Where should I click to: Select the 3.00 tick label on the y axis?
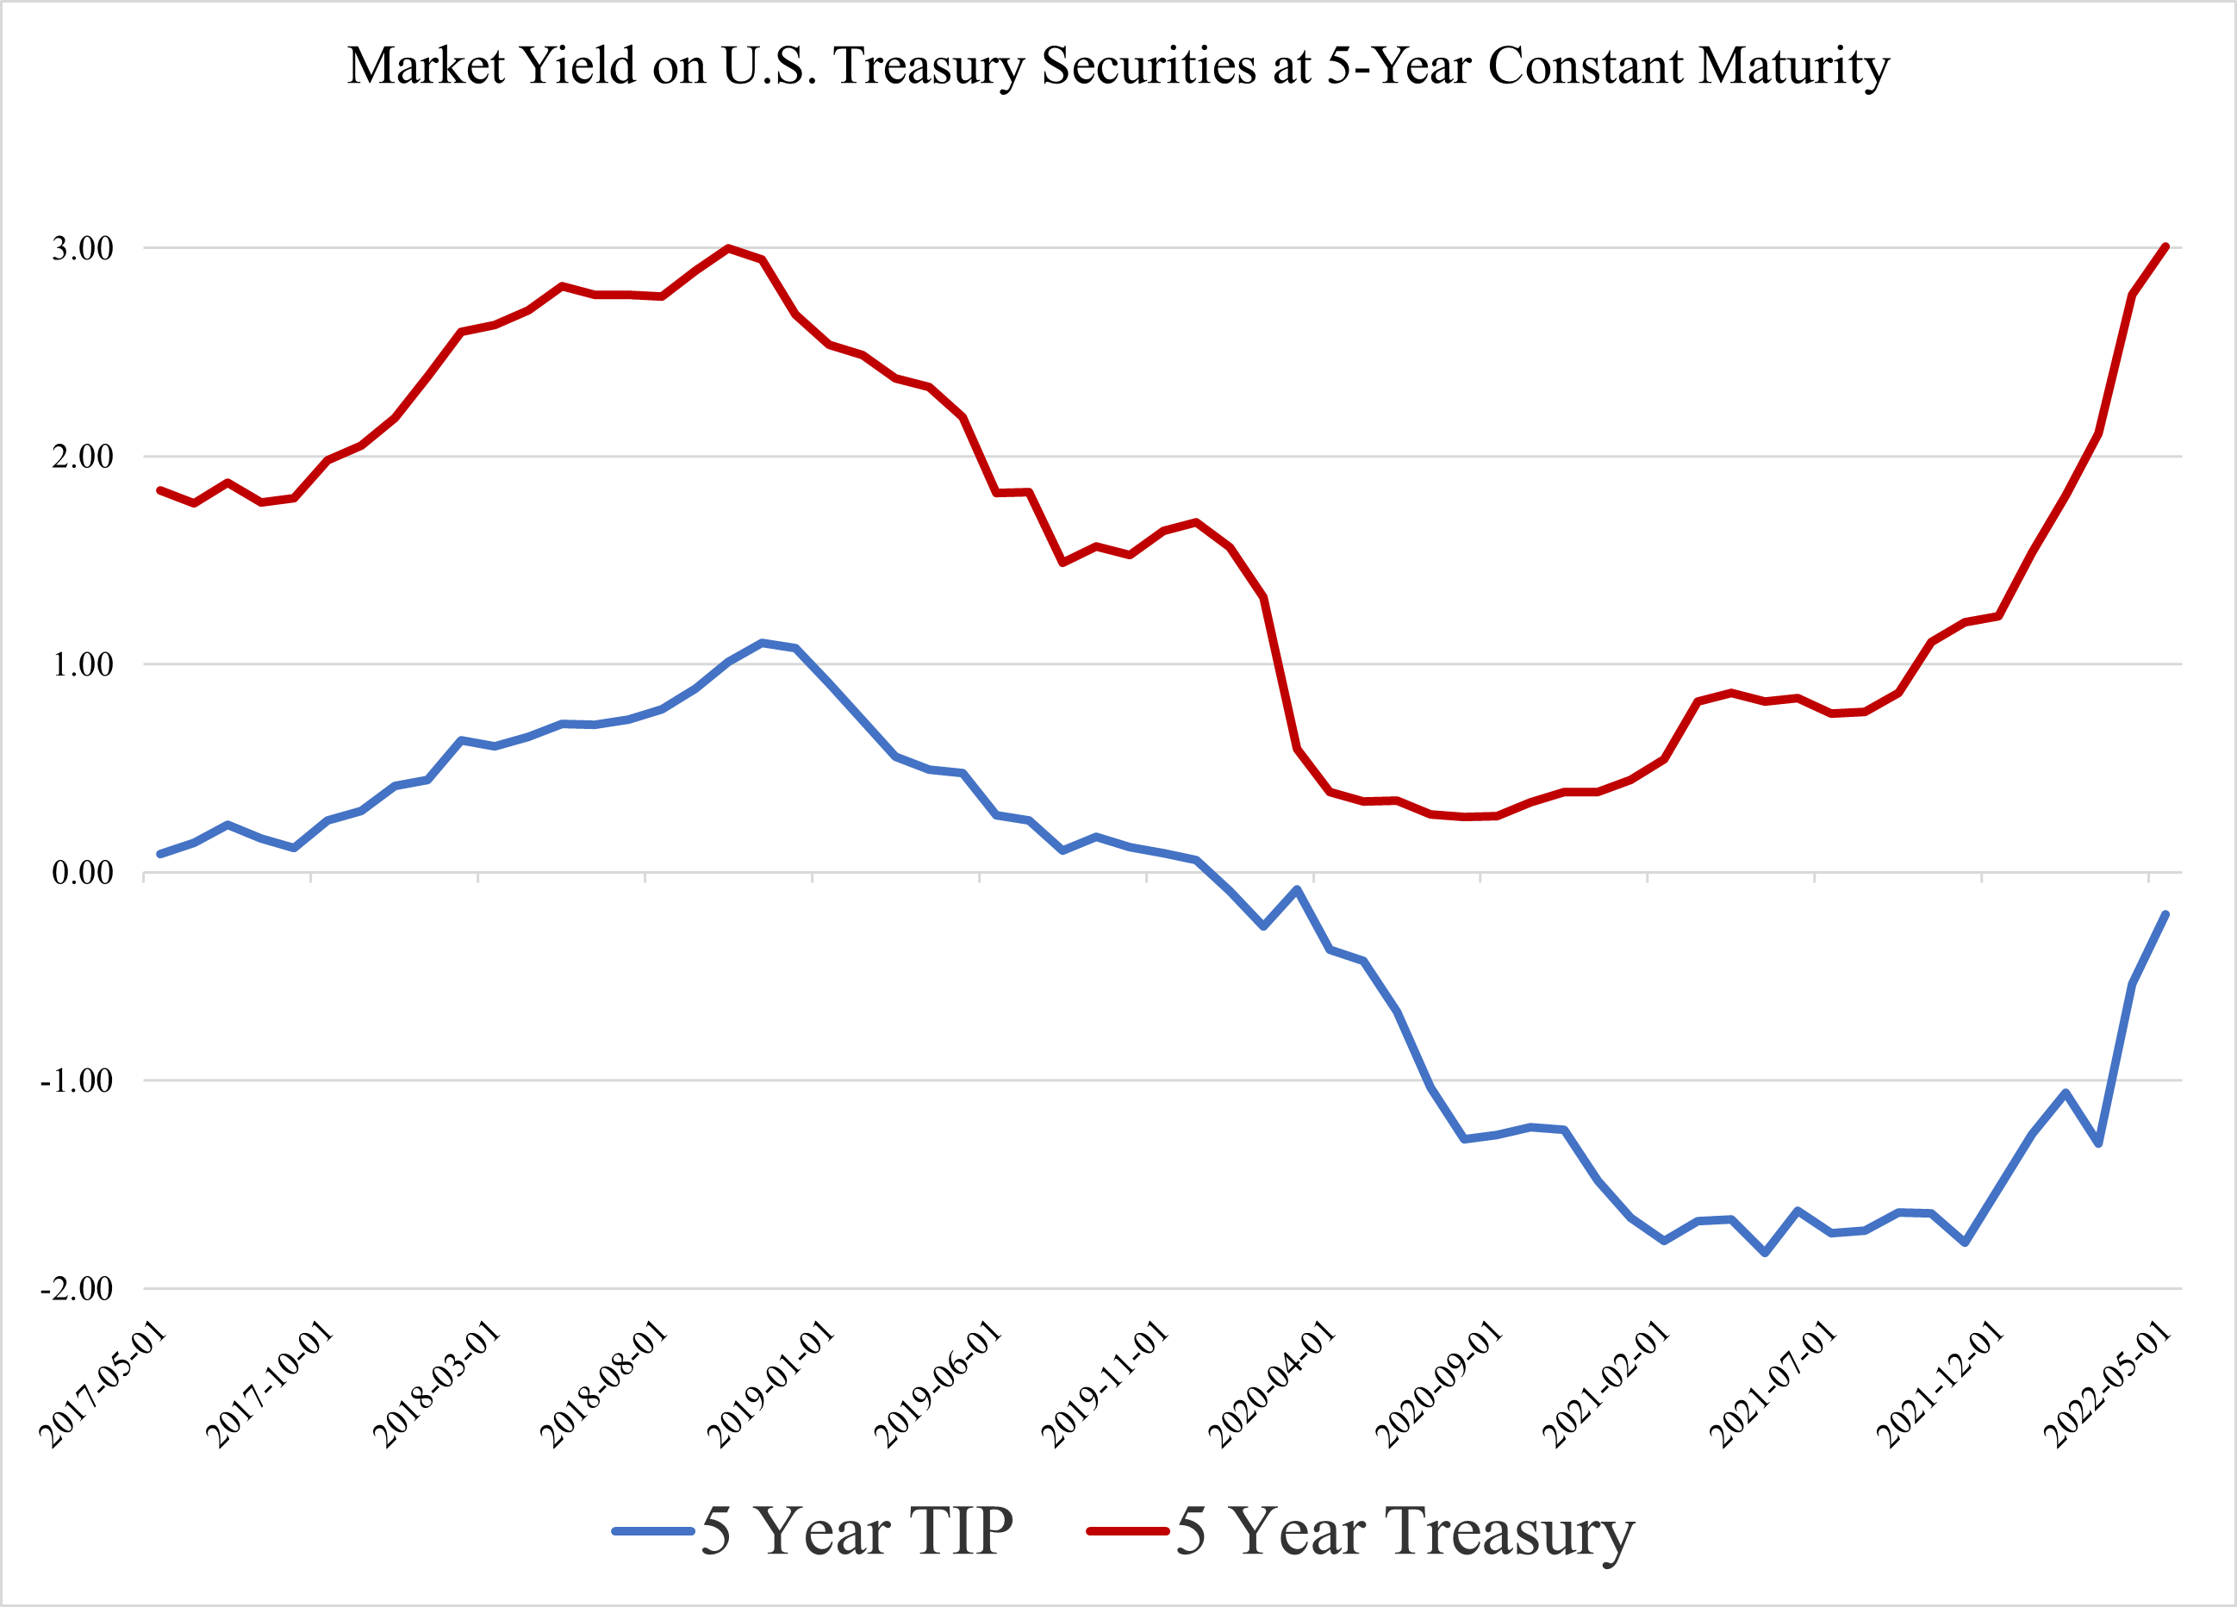(83, 249)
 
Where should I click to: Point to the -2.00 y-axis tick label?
(77, 1288)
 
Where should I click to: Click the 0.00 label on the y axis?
(83, 872)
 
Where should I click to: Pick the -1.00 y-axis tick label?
(77, 1081)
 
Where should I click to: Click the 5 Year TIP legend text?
(857, 1531)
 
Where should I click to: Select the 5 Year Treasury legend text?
(1405, 1531)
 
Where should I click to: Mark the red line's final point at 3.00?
(2165, 246)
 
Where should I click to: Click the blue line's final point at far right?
(2165, 914)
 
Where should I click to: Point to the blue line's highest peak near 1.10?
(762, 642)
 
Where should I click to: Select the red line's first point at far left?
(159, 489)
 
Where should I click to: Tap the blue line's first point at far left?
(159, 854)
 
